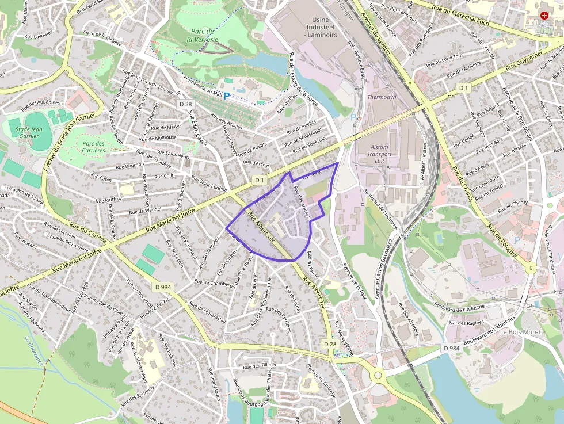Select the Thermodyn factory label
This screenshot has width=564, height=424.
click(382, 97)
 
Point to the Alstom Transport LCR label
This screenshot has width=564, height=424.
click(379, 154)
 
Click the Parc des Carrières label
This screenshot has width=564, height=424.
click(93, 147)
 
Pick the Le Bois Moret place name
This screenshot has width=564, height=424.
click(519, 332)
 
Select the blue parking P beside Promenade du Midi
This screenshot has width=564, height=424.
click(226, 96)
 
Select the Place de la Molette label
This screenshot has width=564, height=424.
click(102, 37)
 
